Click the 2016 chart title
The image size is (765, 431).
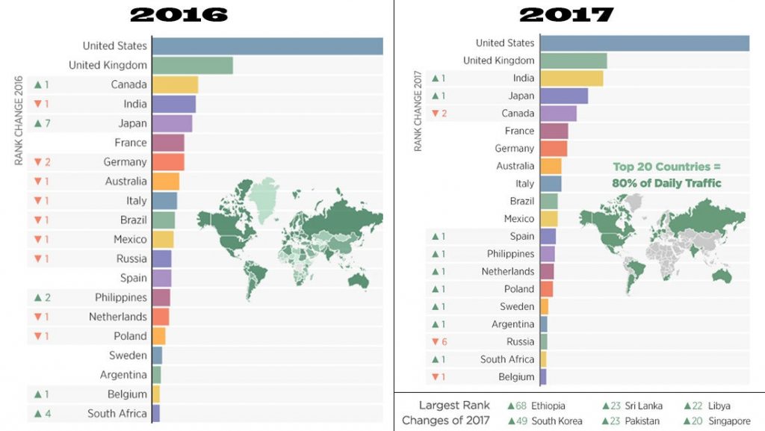point(179,15)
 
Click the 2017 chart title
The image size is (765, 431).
point(566,15)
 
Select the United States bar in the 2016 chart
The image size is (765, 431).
point(267,46)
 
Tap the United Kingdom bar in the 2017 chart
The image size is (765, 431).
point(574,61)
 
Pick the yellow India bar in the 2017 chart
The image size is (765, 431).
point(572,78)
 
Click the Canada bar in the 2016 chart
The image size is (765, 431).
point(175,85)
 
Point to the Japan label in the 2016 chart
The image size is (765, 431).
point(132,123)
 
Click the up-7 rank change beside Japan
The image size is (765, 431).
point(42,123)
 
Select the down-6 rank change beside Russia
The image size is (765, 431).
point(439,342)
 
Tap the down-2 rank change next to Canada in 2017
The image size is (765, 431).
point(439,114)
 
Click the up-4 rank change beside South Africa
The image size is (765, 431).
point(42,414)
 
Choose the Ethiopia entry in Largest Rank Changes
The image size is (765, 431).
point(536,406)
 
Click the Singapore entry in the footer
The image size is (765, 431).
point(717,421)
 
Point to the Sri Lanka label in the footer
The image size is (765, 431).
point(643,406)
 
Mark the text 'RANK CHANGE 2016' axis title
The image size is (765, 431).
point(19,120)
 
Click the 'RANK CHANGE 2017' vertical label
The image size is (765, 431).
point(418,111)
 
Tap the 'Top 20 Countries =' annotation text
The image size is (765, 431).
point(666,167)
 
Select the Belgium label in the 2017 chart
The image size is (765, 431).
point(516,377)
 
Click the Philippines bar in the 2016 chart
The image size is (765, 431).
point(161,297)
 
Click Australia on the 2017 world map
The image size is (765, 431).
point(722,276)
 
